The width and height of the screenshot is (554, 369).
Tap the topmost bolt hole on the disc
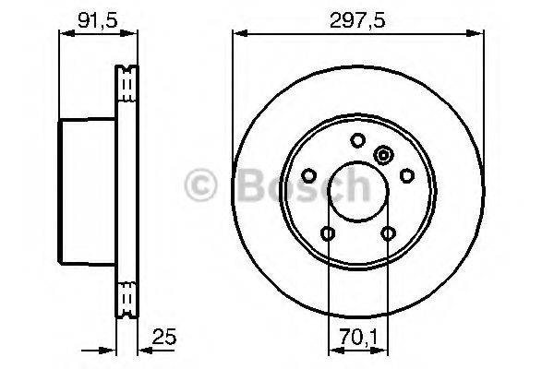pyautogui.click(x=357, y=140)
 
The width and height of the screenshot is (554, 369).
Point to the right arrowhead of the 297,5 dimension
pyautogui.click(x=479, y=33)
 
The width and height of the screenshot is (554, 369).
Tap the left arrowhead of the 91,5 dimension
pyautogui.click(x=64, y=33)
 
